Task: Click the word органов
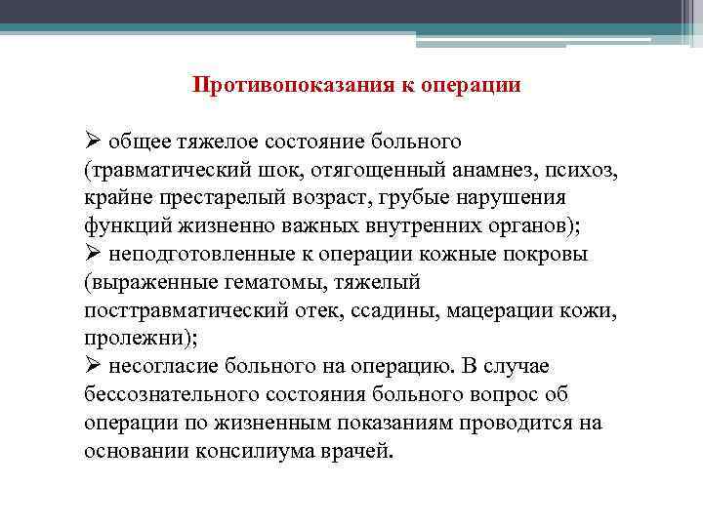533,225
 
